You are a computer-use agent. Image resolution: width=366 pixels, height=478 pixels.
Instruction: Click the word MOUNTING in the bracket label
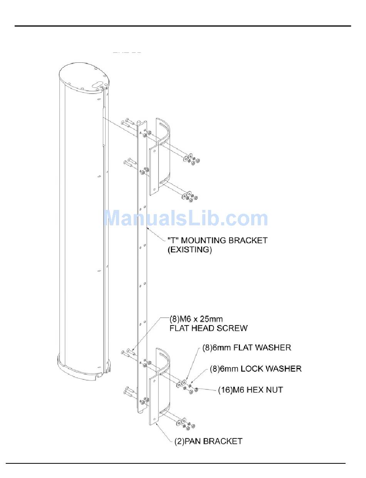[x=204, y=240]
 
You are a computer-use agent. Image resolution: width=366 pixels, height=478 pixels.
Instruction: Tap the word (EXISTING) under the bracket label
[x=190, y=250]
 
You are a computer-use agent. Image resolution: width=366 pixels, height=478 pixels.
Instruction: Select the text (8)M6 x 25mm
[x=196, y=319]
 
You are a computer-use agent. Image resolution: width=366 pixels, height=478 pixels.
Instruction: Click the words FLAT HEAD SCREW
[x=208, y=328]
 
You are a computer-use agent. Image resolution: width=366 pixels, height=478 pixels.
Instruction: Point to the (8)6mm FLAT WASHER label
[x=247, y=348]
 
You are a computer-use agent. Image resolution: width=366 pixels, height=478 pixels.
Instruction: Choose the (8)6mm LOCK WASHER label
[x=255, y=369]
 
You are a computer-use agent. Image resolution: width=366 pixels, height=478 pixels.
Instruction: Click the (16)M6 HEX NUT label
[x=250, y=390]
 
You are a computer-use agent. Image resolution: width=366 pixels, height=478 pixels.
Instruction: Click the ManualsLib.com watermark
[x=186, y=218]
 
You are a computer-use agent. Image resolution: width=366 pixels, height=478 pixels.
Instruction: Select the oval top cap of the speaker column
[x=84, y=77]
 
